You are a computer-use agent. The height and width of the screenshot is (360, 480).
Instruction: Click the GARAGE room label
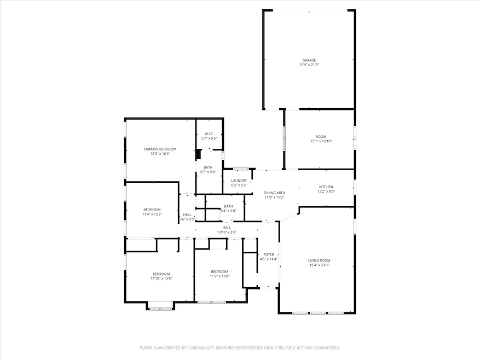309,60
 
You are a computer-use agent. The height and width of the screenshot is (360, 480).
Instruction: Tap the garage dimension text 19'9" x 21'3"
309,65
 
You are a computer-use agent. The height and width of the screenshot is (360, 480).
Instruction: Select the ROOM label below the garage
321,137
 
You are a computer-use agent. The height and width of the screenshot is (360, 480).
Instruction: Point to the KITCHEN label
326,187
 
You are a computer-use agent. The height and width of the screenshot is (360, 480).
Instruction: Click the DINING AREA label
274,193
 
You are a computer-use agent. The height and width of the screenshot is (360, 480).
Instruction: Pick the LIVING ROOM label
319,260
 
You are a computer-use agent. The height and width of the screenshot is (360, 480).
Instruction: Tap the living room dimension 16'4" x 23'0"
319,265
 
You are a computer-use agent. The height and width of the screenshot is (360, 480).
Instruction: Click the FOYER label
269,254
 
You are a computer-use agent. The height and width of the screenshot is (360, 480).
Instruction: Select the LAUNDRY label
239,181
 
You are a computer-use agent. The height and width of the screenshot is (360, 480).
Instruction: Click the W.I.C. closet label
209,134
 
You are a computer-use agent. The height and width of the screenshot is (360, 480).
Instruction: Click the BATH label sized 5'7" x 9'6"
209,167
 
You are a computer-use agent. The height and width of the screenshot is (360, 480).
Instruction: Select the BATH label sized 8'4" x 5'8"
228,206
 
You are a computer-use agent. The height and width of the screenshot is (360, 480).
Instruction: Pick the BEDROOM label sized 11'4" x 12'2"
152,210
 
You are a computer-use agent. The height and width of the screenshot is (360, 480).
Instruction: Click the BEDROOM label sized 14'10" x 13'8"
161,274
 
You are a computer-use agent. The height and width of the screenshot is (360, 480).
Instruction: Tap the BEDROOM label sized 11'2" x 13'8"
219,272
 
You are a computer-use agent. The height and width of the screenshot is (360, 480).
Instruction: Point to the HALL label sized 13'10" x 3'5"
227,228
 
